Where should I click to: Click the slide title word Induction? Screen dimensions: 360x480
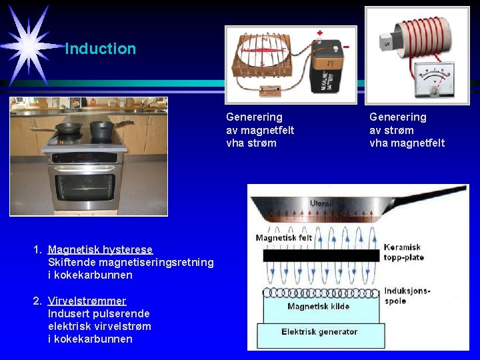(x=101, y=49)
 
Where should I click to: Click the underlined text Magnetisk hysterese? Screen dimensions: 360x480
(x=101, y=249)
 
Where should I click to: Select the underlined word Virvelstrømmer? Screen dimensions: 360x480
(x=87, y=301)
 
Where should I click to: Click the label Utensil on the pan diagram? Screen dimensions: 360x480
(x=323, y=203)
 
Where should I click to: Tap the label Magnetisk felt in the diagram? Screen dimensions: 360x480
(x=284, y=237)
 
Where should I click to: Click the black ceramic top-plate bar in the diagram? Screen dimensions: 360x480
(x=321, y=255)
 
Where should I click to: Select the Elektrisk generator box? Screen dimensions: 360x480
(x=319, y=332)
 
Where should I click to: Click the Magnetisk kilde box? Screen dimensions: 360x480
(x=319, y=307)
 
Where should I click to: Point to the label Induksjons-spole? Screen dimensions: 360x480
(x=407, y=295)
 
